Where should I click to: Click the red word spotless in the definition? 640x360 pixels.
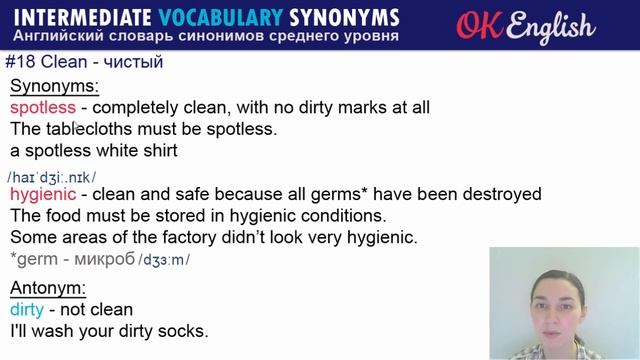click(x=43, y=107)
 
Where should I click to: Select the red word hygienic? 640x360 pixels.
click(x=44, y=193)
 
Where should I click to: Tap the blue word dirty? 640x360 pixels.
click(x=27, y=309)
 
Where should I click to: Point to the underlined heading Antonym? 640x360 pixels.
click(x=48, y=288)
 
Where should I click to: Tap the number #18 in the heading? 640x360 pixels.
click(x=22, y=62)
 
